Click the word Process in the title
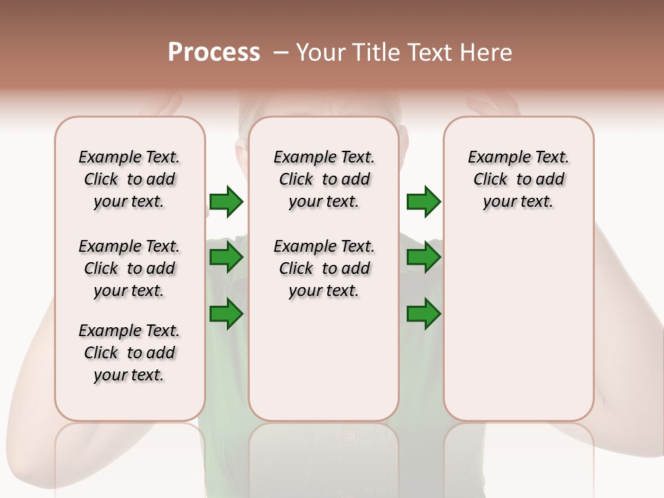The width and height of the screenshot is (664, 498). tap(214, 53)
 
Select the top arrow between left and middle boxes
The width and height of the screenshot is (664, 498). tap(226, 202)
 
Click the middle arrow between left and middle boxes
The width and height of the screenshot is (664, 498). tap(226, 258)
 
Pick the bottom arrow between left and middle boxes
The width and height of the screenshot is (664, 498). tap(226, 315)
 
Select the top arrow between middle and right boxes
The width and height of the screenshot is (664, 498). tap(423, 202)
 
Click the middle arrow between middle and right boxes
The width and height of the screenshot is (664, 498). tap(423, 258)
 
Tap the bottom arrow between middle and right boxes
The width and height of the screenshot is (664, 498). tap(423, 315)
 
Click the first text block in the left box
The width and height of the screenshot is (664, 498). tap(129, 179)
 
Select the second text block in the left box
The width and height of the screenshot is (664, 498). tap(129, 268)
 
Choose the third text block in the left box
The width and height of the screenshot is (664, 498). tap(129, 353)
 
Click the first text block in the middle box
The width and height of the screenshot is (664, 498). tap(324, 179)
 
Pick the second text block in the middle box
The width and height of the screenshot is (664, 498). tap(324, 268)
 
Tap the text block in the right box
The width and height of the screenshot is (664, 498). tap(519, 179)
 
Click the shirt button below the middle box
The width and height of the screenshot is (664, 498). tap(349, 435)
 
